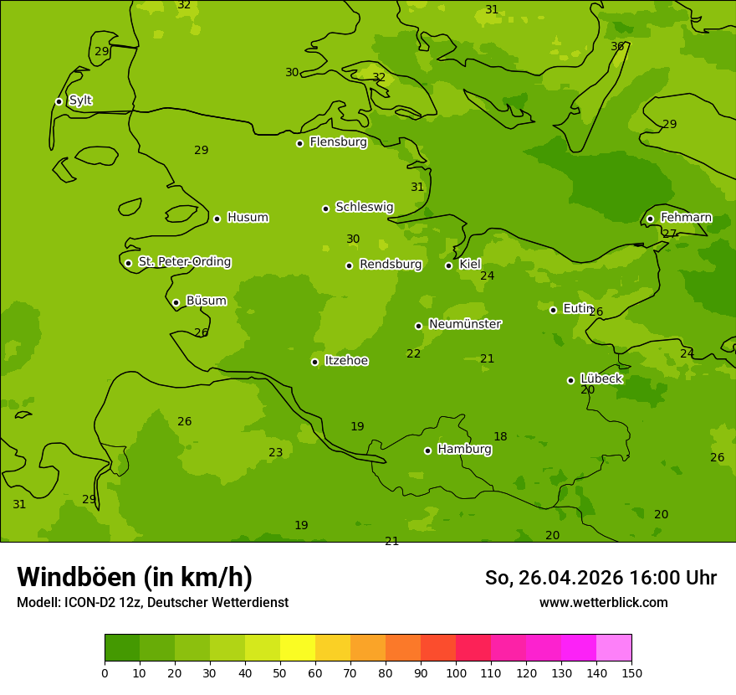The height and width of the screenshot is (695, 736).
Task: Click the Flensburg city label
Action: coord(338,142)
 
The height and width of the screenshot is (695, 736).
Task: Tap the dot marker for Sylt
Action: coord(59,101)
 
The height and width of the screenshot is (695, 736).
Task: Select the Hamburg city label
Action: coord(464,450)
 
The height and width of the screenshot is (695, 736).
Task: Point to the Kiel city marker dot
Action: coord(448,265)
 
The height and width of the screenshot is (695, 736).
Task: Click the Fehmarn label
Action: coord(686,218)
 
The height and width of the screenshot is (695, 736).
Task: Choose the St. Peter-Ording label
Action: coord(184,262)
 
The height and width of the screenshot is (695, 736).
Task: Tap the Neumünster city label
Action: coord(464,324)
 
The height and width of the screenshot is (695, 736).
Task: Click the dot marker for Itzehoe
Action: coord(314,362)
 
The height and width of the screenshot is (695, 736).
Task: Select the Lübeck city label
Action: coord(601,379)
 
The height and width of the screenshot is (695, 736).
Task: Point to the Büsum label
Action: coord(206,301)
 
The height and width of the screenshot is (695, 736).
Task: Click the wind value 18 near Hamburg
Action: coord(500,436)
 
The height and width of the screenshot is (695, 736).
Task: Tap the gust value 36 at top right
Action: coord(617,46)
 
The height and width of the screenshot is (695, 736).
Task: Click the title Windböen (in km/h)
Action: coord(135,577)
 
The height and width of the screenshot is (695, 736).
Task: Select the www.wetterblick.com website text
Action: coord(603,602)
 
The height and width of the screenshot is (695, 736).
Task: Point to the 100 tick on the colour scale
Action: coord(456,672)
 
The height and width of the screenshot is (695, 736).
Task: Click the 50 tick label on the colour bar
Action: coord(280,672)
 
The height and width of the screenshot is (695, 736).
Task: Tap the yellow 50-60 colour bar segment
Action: coord(298,648)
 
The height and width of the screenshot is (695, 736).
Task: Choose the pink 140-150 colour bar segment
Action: coord(614,648)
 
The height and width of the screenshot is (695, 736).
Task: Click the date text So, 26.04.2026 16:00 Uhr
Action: coord(601,578)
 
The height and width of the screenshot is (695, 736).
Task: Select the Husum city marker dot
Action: coord(217,219)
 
